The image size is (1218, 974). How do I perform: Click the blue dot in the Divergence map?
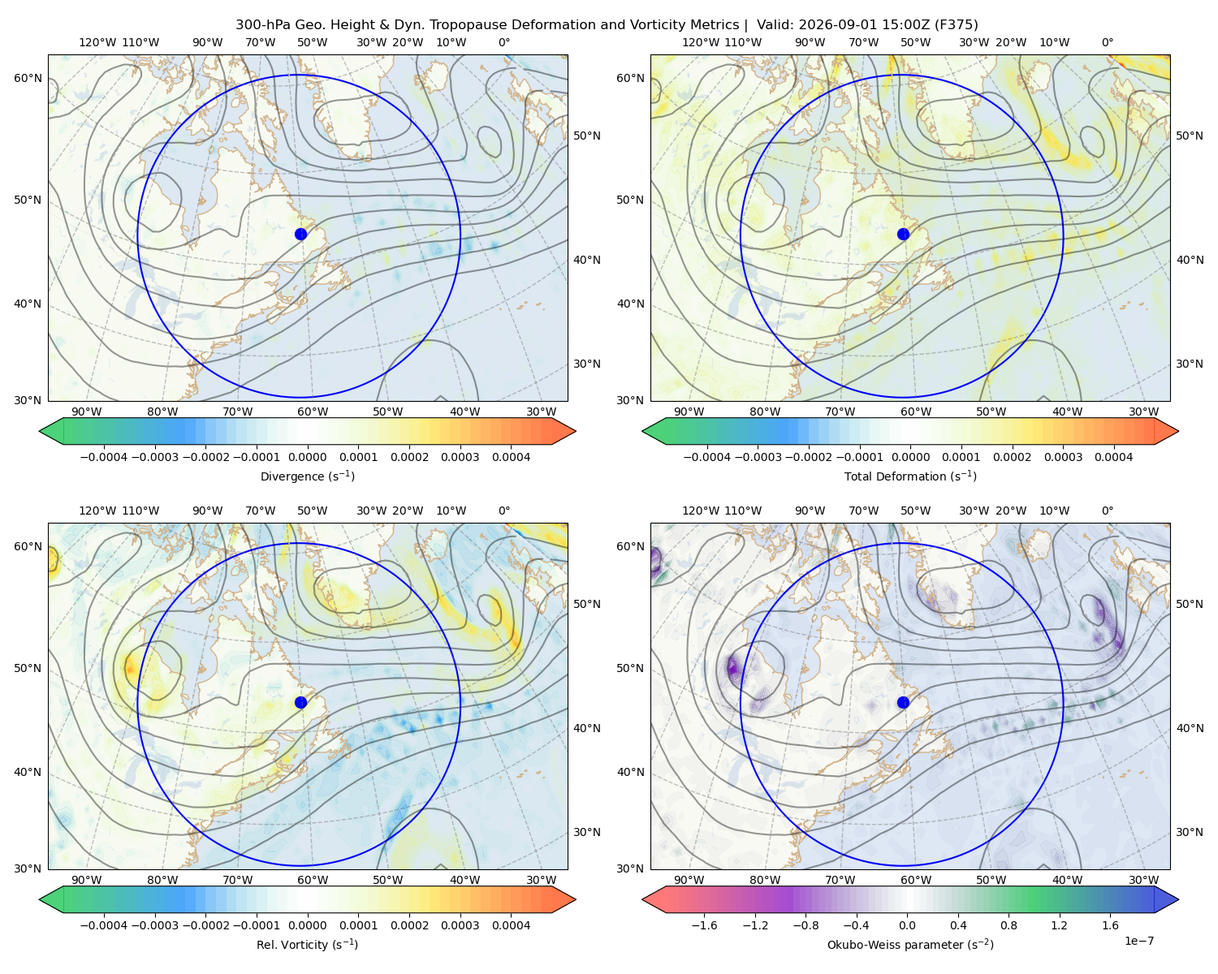pyautogui.click(x=300, y=234)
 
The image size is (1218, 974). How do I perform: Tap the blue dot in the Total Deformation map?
pyautogui.click(x=903, y=234)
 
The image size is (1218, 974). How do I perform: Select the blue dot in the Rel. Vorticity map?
pyautogui.click(x=300, y=702)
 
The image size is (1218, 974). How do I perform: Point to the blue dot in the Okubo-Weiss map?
pyautogui.click(x=903, y=702)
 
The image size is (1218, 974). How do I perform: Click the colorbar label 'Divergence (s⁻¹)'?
pyautogui.click(x=307, y=476)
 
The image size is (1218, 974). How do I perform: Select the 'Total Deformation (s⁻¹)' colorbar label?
pyautogui.click(x=910, y=476)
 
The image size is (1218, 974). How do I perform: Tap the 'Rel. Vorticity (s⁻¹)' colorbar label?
pyautogui.click(x=307, y=944)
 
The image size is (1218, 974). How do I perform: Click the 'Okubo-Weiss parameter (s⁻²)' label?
pyautogui.click(x=910, y=944)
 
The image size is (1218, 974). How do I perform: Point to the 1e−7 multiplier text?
pyautogui.click(x=1138, y=941)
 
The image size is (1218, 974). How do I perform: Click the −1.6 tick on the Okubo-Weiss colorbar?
pyautogui.click(x=704, y=925)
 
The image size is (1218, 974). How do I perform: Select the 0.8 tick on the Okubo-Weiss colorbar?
pyautogui.click(x=1009, y=925)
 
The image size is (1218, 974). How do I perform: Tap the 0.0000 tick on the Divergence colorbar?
pyautogui.click(x=307, y=457)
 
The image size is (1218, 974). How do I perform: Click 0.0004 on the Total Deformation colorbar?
pyautogui.click(x=1113, y=457)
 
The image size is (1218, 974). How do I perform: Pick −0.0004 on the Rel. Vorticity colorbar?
pyautogui.click(x=104, y=925)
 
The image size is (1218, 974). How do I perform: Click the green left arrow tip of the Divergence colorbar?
pyautogui.click(x=40, y=431)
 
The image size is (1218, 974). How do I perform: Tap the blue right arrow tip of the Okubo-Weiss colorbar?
pyautogui.click(x=1178, y=899)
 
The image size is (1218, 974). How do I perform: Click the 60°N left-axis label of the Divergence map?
pyautogui.click(x=28, y=78)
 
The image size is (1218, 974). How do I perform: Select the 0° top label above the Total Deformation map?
pyautogui.click(x=1107, y=42)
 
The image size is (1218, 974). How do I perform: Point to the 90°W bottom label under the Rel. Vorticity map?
pyautogui.click(x=87, y=880)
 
